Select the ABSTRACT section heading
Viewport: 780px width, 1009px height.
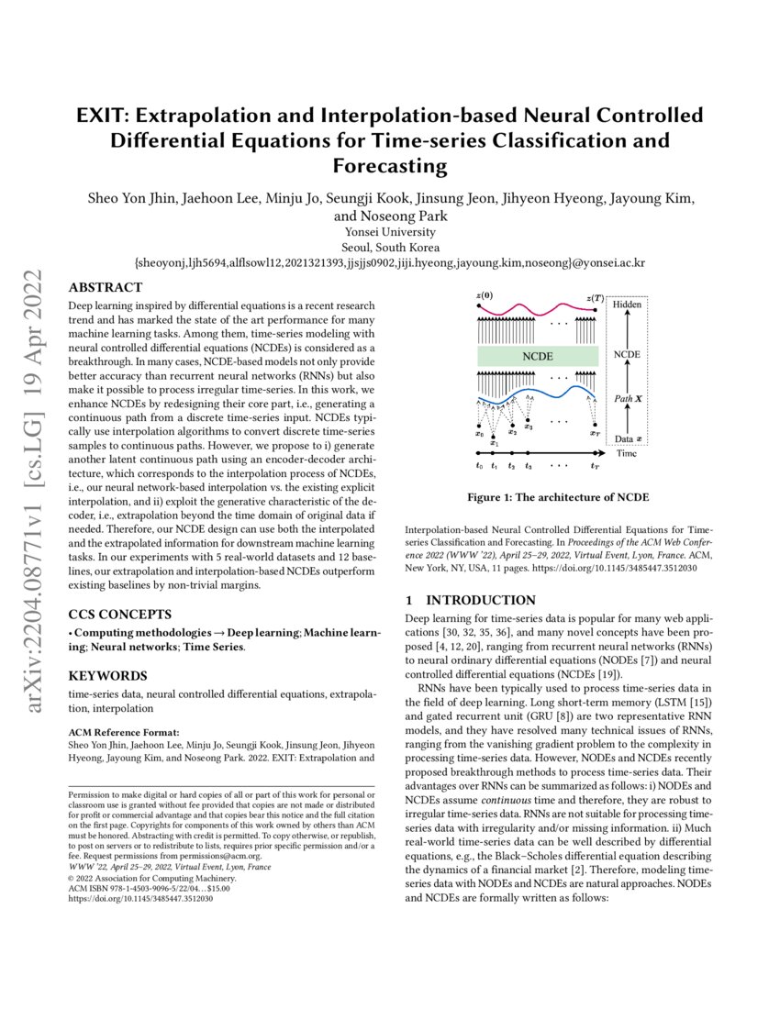tap(104, 287)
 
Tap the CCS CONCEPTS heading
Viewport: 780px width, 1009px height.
tap(120, 614)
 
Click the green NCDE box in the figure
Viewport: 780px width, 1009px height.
tap(537, 355)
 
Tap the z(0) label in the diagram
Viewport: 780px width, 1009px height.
tap(485, 295)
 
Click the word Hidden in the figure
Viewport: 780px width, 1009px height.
tap(628, 304)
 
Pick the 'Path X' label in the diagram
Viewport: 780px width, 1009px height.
tap(628, 400)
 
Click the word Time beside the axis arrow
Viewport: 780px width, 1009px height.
tap(628, 453)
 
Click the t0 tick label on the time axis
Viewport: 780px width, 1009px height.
tap(478, 466)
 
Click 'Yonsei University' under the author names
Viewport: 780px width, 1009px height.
tap(390, 232)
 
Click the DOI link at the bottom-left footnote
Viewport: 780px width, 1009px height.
tap(141, 899)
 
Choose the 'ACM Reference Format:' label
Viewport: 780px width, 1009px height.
tap(120, 733)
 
